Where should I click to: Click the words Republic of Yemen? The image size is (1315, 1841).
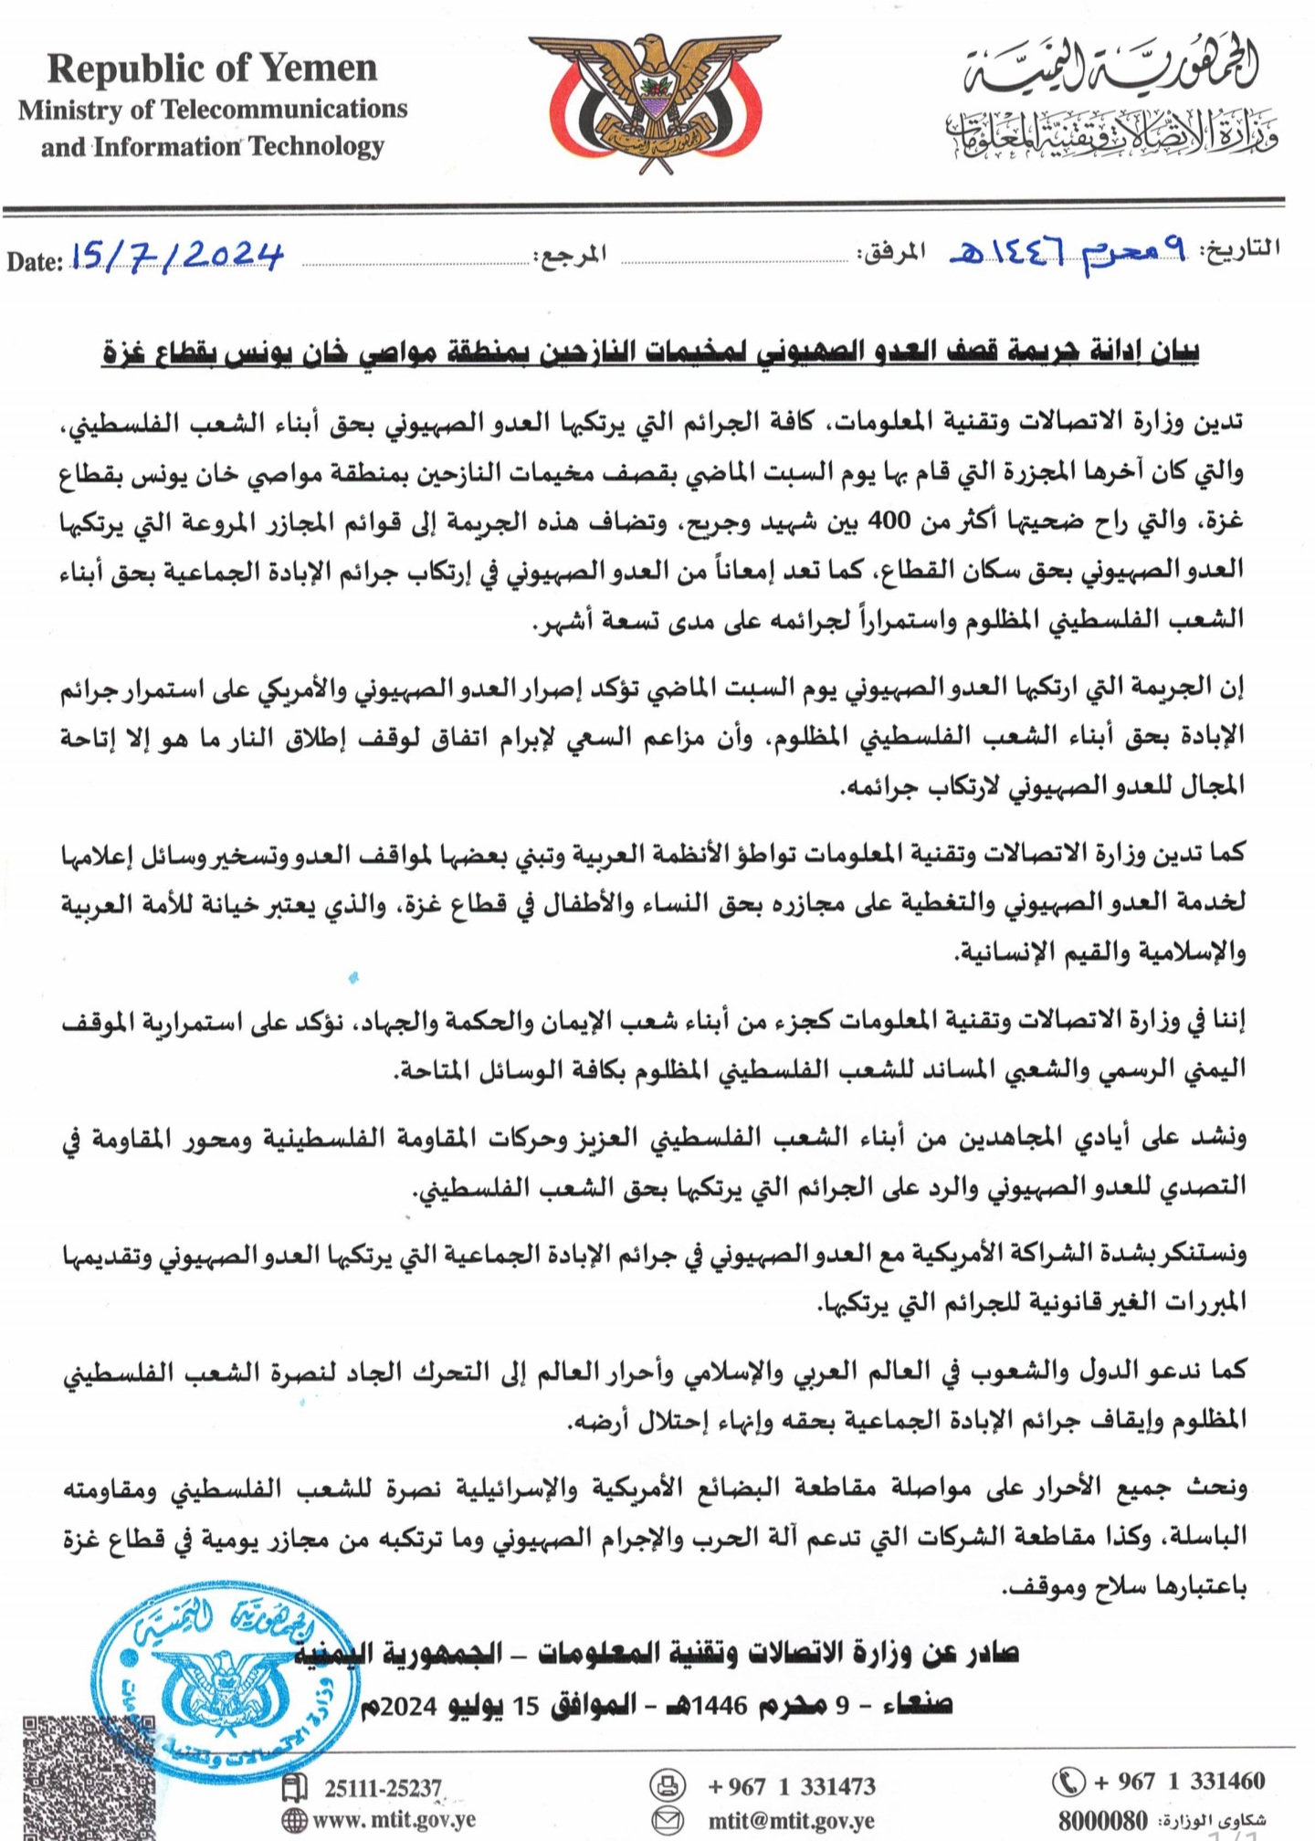pos(212,68)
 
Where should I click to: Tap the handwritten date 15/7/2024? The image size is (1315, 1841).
pos(177,257)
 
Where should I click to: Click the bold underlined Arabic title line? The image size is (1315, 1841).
pos(650,352)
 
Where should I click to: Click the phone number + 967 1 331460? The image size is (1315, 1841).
pos(1179,1781)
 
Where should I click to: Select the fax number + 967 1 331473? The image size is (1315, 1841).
pos(791,1786)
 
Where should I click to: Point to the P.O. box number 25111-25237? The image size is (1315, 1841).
pos(384,1787)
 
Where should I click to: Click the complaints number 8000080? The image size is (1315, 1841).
pos(1103,1820)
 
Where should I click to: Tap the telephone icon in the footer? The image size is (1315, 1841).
pos(1068,1781)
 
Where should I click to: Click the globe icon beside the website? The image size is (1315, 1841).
pos(295,1820)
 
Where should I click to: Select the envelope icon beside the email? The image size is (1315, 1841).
pos(668,1821)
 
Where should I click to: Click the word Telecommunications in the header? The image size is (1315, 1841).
pos(284,109)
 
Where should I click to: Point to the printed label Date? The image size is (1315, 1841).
pos(35,262)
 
